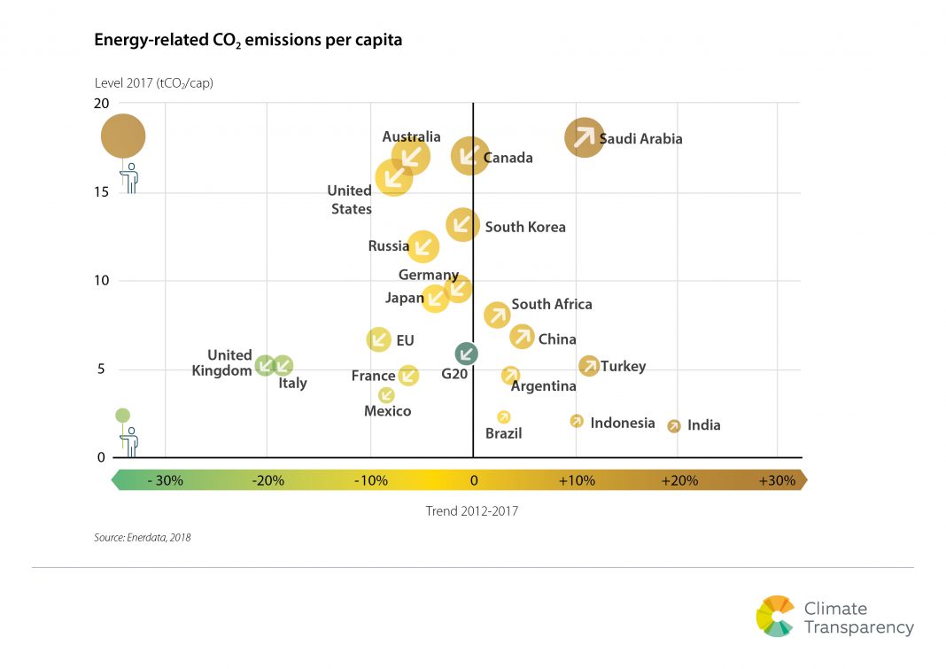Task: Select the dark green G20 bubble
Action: pos(466,354)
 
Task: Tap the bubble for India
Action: pos(674,426)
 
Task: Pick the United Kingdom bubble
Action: pos(265,365)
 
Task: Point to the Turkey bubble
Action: pos(589,365)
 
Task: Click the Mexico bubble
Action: pos(386,395)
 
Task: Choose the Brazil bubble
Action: pos(504,416)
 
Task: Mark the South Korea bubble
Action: pos(462,225)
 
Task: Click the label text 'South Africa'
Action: pos(552,304)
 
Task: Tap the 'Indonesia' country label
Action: pos(623,423)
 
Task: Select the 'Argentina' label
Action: pos(544,386)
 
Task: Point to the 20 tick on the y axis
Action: pos(102,103)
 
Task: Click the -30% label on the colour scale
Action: pos(165,480)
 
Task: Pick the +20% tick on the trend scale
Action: pos(678,480)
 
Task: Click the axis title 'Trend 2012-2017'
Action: pos(472,510)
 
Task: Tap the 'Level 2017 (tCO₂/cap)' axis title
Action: pos(154,83)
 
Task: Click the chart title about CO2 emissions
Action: pos(248,41)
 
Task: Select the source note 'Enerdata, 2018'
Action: pos(143,537)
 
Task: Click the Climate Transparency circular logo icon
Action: pos(775,616)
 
